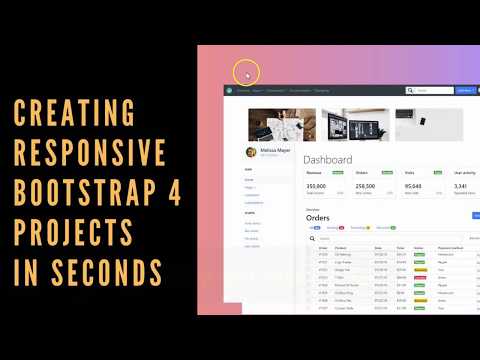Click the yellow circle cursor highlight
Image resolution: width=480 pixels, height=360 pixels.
click(x=246, y=73)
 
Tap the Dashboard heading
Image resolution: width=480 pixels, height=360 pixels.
click(x=328, y=160)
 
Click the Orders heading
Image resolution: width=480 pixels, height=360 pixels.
click(x=317, y=217)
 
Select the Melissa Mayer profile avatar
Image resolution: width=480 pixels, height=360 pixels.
click(x=252, y=152)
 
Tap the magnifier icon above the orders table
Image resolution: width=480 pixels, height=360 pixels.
click(x=311, y=239)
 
